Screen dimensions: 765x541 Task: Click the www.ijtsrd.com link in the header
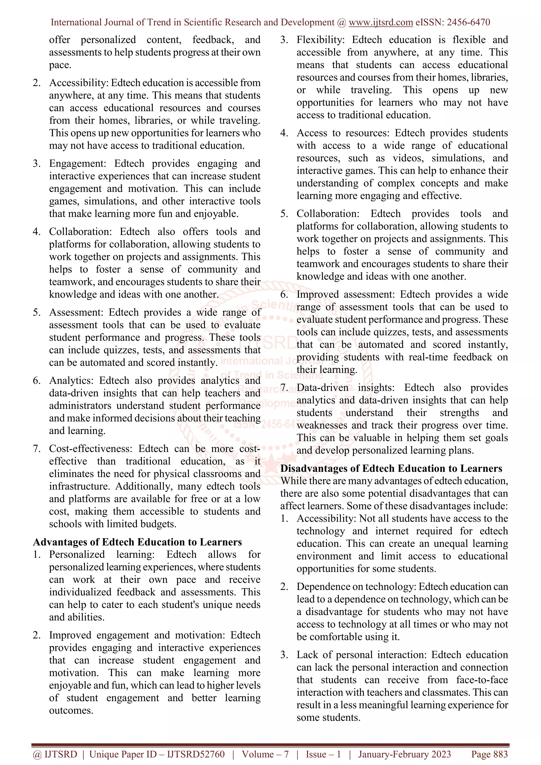[380, 22]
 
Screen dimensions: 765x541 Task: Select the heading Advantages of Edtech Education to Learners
[137, 542]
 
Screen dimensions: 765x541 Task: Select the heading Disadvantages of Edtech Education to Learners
[391, 468]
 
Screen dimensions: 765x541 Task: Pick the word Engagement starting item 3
[77, 163]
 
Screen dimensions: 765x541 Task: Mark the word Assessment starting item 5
[77, 312]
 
